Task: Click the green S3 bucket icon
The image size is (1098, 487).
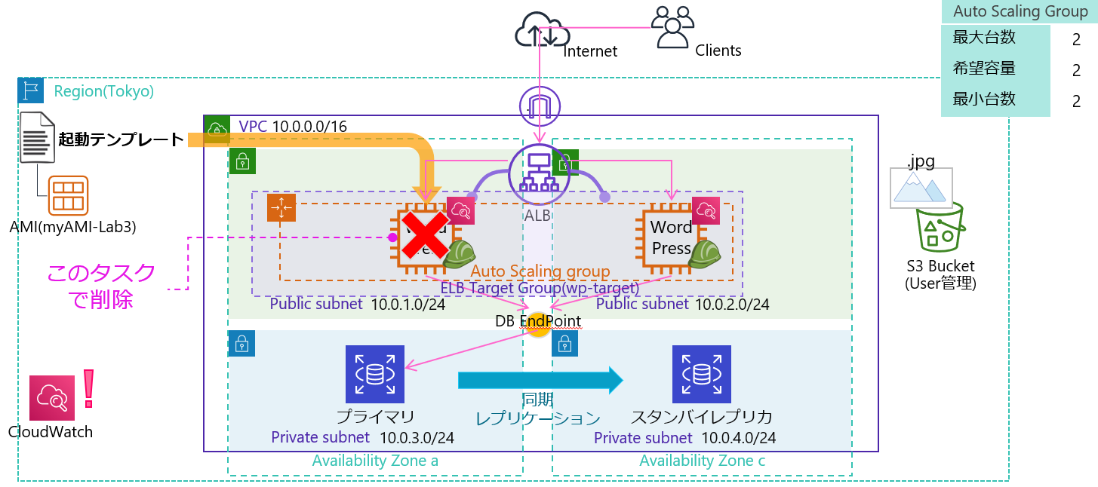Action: [x=939, y=227]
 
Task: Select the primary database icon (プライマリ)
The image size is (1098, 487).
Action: [x=374, y=374]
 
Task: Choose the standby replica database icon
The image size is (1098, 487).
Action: [x=702, y=374]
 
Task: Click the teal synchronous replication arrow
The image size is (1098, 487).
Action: [x=540, y=381]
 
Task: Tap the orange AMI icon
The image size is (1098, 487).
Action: [x=69, y=195]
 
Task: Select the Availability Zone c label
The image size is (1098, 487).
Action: [x=702, y=461]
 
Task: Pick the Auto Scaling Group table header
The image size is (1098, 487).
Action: [x=1018, y=11]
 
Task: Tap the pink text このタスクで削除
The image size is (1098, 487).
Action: [x=101, y=286]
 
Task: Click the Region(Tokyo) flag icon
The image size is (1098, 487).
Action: [x=31, y=90]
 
